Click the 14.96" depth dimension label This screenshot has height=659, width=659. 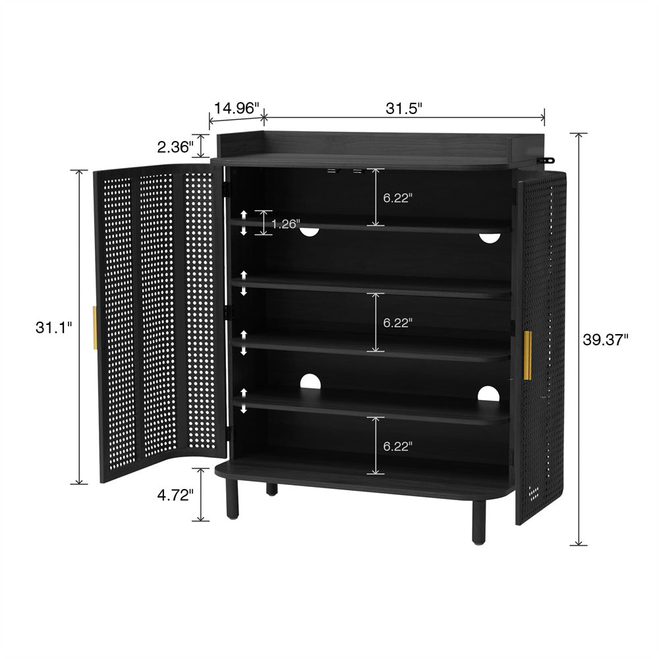click(x=237, y=108)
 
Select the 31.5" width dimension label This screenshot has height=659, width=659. click(x=403, y=109)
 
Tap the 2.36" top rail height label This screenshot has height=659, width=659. click(x=175, y=147)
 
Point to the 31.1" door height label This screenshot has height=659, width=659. click(x=54, y=328)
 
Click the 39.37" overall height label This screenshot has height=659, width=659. click(x=606, y=339)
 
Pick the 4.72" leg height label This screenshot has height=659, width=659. click(x=175, y=496)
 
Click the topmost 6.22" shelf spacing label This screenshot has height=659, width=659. click(x=397, y=198)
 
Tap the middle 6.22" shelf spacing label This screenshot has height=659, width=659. click(x=397, y=323)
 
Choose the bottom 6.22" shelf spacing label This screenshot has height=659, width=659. click(x=397, y=446)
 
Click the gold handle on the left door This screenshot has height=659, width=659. click(x=95, y=328)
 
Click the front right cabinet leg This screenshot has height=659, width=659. click(x=478, y=522)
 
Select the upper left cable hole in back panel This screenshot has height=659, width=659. click(x=309, y=232)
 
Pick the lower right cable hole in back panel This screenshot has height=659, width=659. click(x=488, y=394)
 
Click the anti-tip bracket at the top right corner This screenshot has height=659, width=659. click(x=546, y=160)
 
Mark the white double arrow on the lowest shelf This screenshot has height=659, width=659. click(x=244, y=401)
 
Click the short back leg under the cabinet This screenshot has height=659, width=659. click(x=272, y=489)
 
